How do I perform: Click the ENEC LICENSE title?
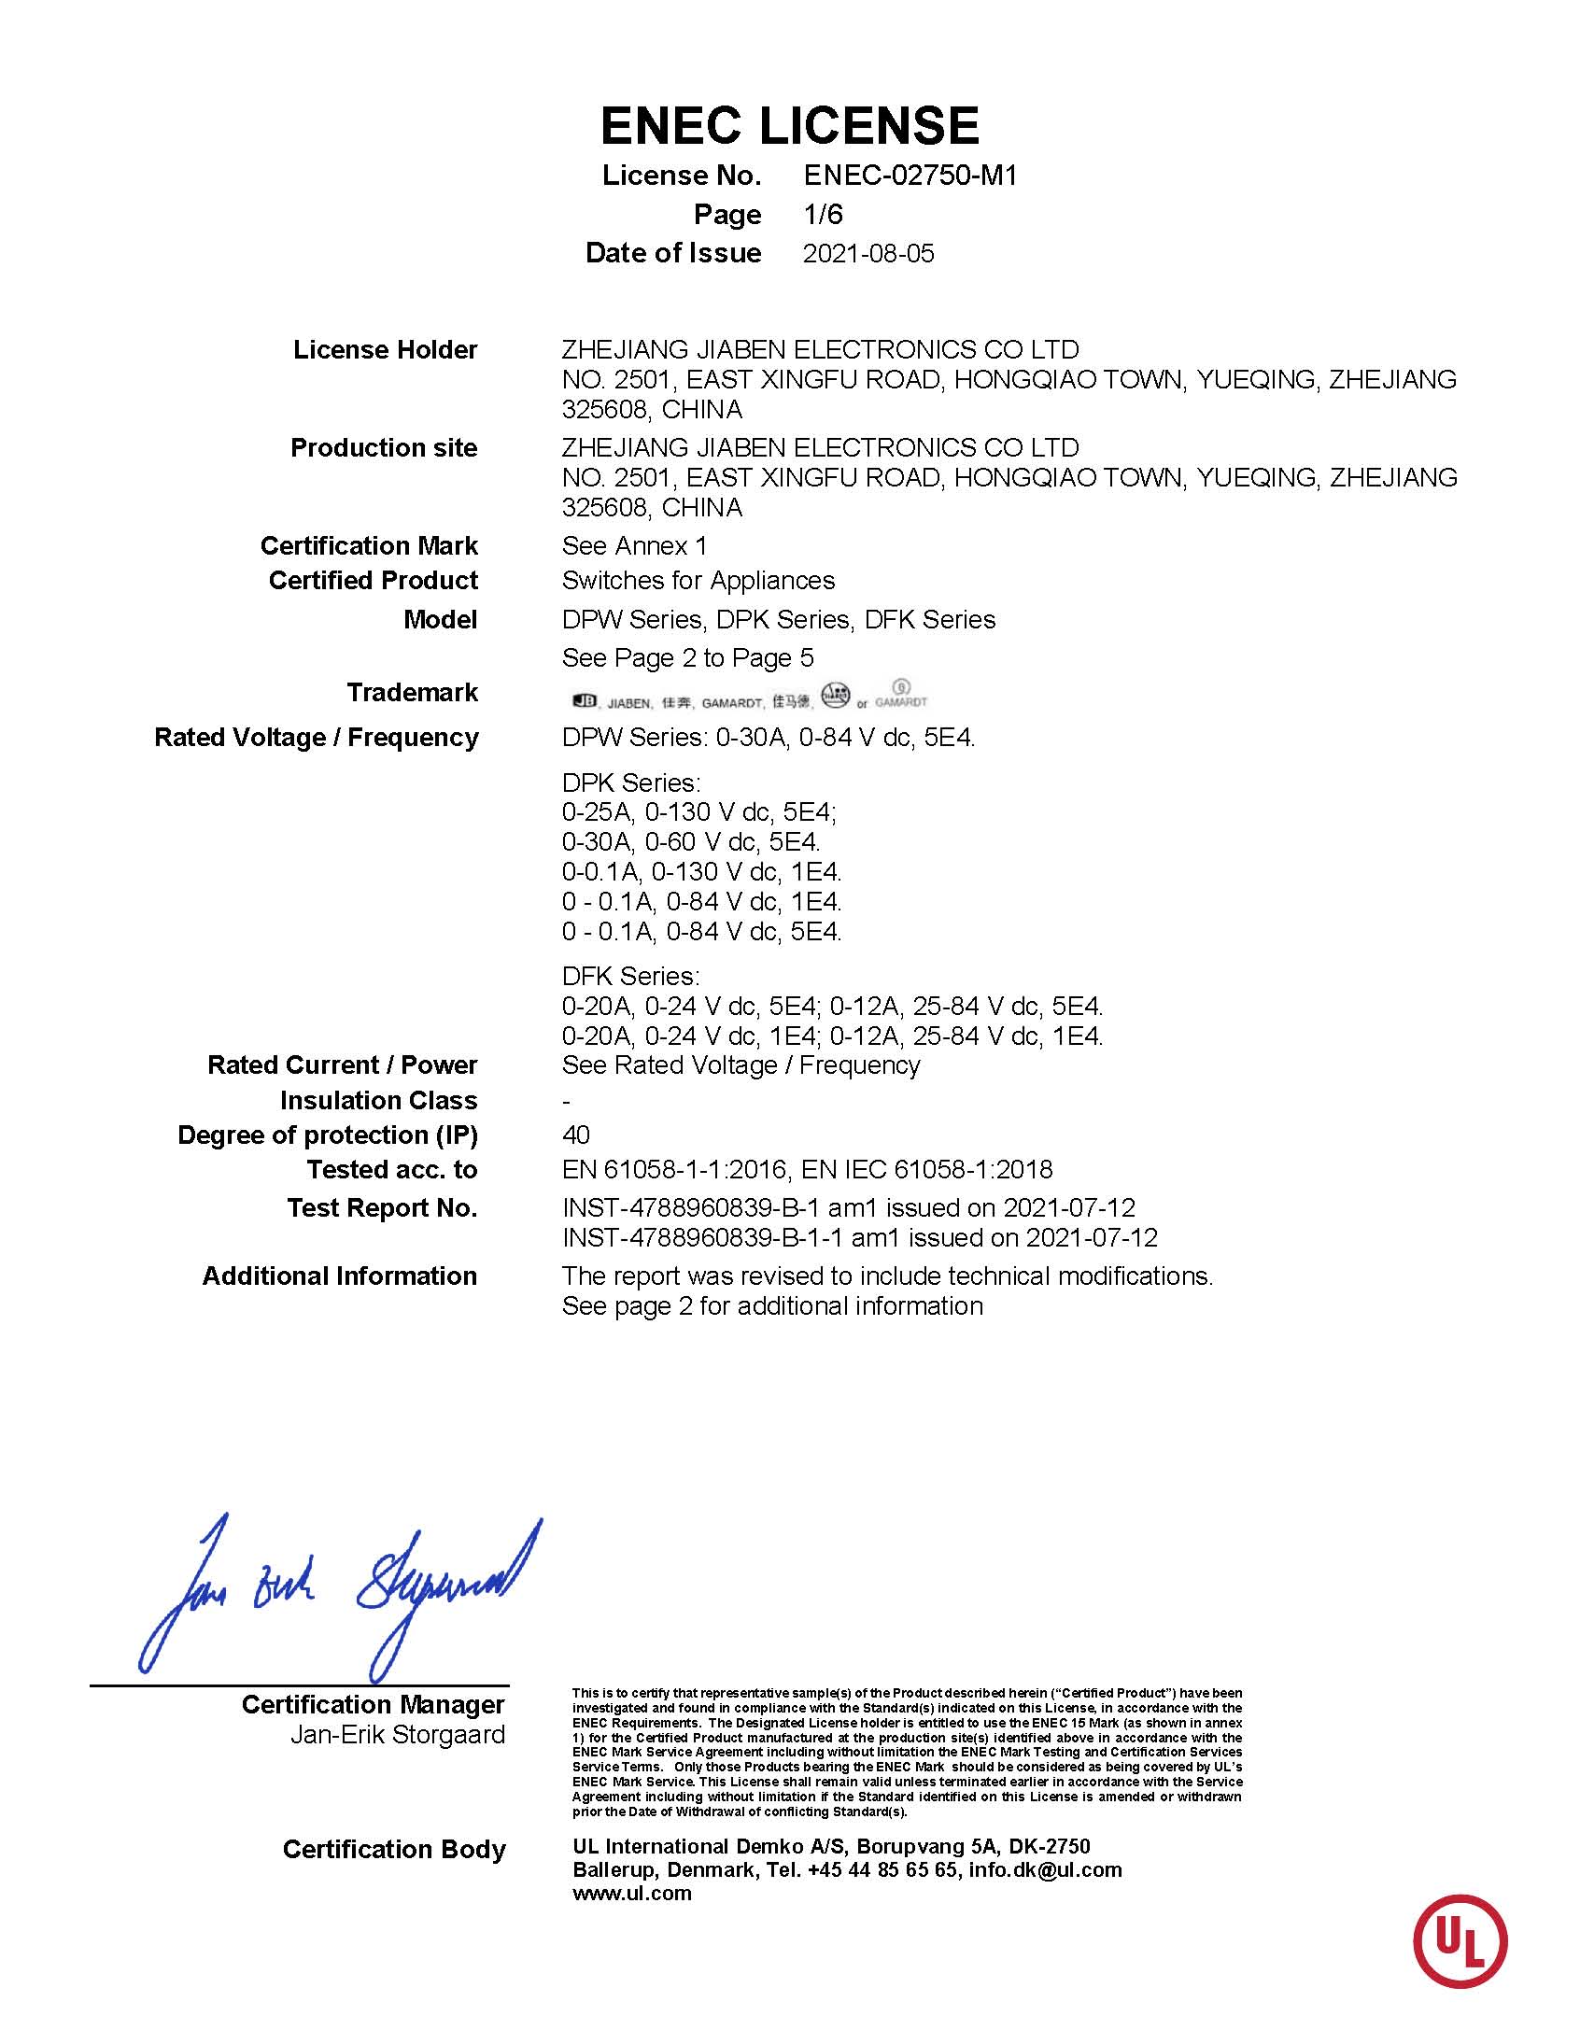coord(789,125)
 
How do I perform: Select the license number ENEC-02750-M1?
coord(910,175)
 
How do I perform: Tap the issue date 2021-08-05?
coord(868,254)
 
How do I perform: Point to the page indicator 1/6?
coord(823,215)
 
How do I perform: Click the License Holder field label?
coord(385,350)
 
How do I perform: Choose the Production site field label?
coord(384,448)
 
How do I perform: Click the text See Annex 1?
coord(634,545)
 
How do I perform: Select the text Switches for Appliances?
coord(698,581)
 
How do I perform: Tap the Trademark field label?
coord(412,693)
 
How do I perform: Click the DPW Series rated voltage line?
coord(768,738)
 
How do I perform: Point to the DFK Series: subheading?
coord(630,976)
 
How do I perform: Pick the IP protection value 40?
coord(575,1135)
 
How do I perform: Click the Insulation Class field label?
coord(378,1101)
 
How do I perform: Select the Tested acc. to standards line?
coord(807,1170)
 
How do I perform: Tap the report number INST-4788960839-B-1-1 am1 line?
coord(859,1238)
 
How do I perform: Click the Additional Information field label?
coord(340,1276)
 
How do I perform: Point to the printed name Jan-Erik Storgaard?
coord(397,1734)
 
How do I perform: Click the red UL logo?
coord(1460,1941)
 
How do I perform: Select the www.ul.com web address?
coord(632,1894)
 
